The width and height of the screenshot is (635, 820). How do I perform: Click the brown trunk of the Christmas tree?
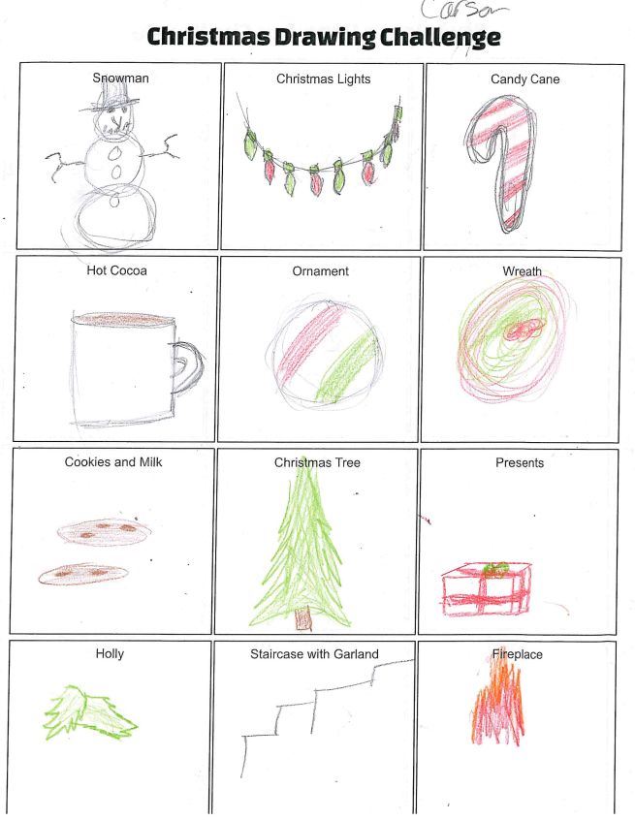[302, 619]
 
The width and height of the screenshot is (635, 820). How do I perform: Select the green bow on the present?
[496, 569]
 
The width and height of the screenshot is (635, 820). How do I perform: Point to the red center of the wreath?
[524, 330]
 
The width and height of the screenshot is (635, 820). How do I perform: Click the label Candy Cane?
[524, 79]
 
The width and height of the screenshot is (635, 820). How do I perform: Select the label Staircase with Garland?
[314, 653]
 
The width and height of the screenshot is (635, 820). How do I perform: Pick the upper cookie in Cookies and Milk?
[104, 532]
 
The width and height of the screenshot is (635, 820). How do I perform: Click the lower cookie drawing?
[82, 574]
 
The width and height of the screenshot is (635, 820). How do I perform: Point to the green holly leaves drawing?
[89, 712]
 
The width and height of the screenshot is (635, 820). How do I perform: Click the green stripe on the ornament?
[347, 366]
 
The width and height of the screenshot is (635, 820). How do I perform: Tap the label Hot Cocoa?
[116, 270]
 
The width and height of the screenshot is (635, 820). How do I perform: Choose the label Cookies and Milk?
[113, 461]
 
